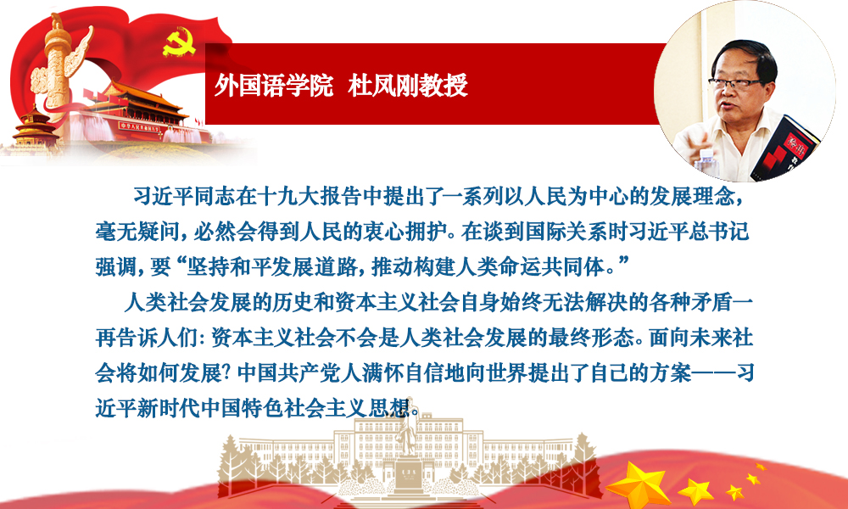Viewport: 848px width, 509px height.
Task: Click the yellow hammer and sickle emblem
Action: [x=179, y=42]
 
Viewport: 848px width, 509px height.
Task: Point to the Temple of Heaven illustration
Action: [x=34, y=127]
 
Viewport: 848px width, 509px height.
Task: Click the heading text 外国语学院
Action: [x=274, y=86]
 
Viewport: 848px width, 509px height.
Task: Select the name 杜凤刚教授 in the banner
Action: [x=408, y=86]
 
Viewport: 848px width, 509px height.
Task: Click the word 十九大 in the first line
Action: [x=289, y=197]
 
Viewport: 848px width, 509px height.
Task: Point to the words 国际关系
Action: [x=565, y=232]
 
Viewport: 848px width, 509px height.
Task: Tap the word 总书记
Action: [x=719, y=232]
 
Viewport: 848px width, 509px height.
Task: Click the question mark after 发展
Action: [x=229, y=374]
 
